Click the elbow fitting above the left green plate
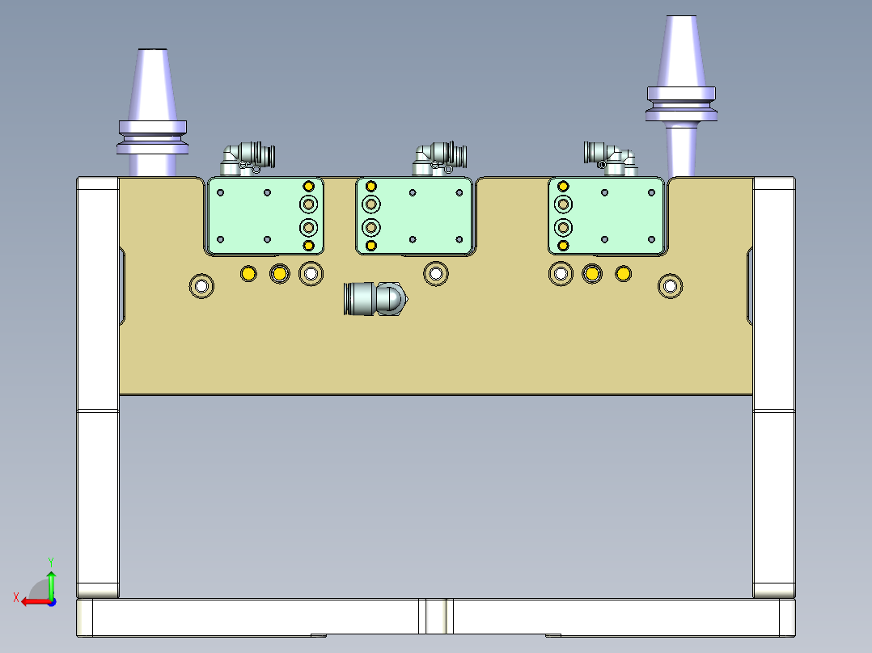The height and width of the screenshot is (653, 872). coord(246,157)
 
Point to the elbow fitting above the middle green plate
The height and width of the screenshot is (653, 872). coord(438,156)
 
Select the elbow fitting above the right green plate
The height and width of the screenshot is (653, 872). coord(611,155)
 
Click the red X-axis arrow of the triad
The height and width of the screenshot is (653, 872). coord(32,601)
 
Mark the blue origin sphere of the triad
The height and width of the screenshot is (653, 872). coord(51,601)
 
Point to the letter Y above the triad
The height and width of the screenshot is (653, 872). coord(50,561)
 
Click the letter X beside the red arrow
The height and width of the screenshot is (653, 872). coord(16,597)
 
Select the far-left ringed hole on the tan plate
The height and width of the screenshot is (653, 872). coord(201,285)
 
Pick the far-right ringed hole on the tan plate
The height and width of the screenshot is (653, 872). coord(670,285)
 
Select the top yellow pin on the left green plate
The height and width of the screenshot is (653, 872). coord(308,187)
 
